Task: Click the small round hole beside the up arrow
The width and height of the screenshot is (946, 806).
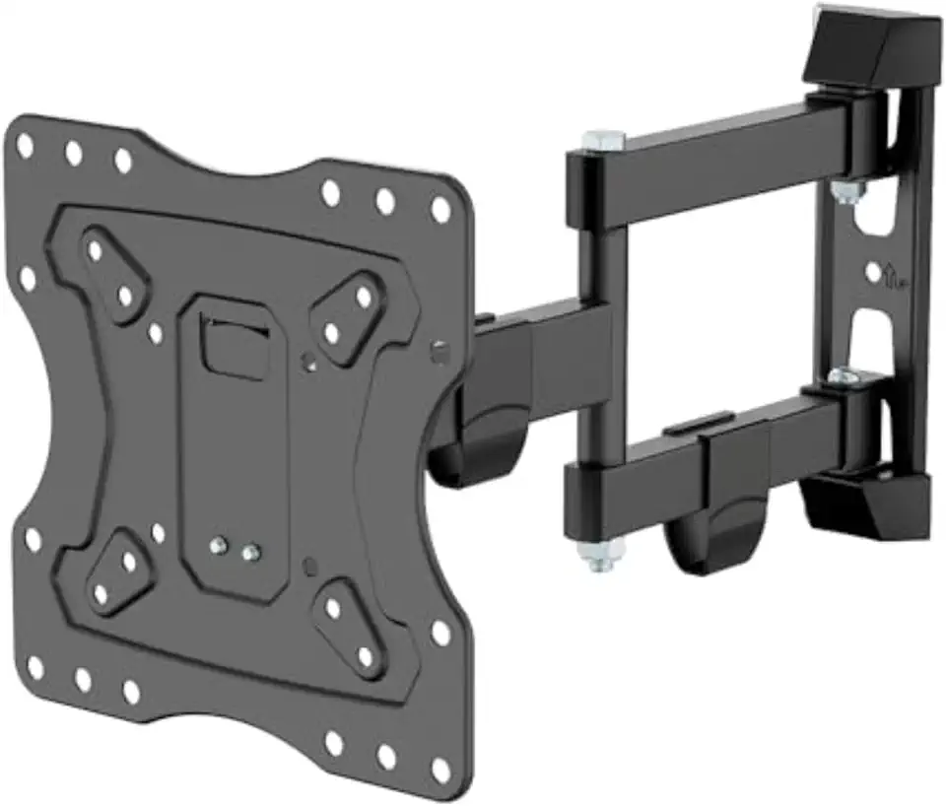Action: (872, 269)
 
